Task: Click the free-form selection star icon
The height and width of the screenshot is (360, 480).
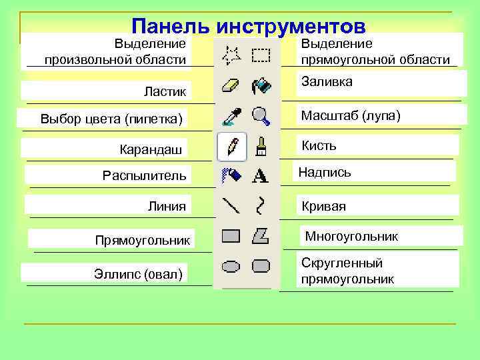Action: [231, 55]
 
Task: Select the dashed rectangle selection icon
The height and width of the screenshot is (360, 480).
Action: [261, 55]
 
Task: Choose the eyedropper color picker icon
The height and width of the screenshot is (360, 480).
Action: [231, 117]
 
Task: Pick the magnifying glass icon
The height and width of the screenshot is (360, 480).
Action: [261, 117]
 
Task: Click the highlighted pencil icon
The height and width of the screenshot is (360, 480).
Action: [232, 147]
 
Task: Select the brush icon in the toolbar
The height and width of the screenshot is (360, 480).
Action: [261, 147]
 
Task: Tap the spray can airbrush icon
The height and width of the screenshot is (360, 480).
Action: [231, 175]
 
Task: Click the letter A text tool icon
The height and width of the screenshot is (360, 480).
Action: [261, 176]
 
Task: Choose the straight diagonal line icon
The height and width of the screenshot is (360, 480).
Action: [231, 205]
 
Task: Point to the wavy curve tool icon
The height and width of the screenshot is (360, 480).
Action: [261, 205]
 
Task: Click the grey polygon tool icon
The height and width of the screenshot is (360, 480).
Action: [261, 235]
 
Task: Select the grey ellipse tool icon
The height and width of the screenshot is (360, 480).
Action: [231, 267]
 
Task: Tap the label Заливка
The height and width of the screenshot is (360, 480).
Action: [327, 81]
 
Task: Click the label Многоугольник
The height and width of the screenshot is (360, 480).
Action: [351, 237]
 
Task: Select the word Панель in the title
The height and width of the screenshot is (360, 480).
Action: [170, 27]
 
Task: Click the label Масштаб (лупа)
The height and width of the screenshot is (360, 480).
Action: [351, 115]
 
